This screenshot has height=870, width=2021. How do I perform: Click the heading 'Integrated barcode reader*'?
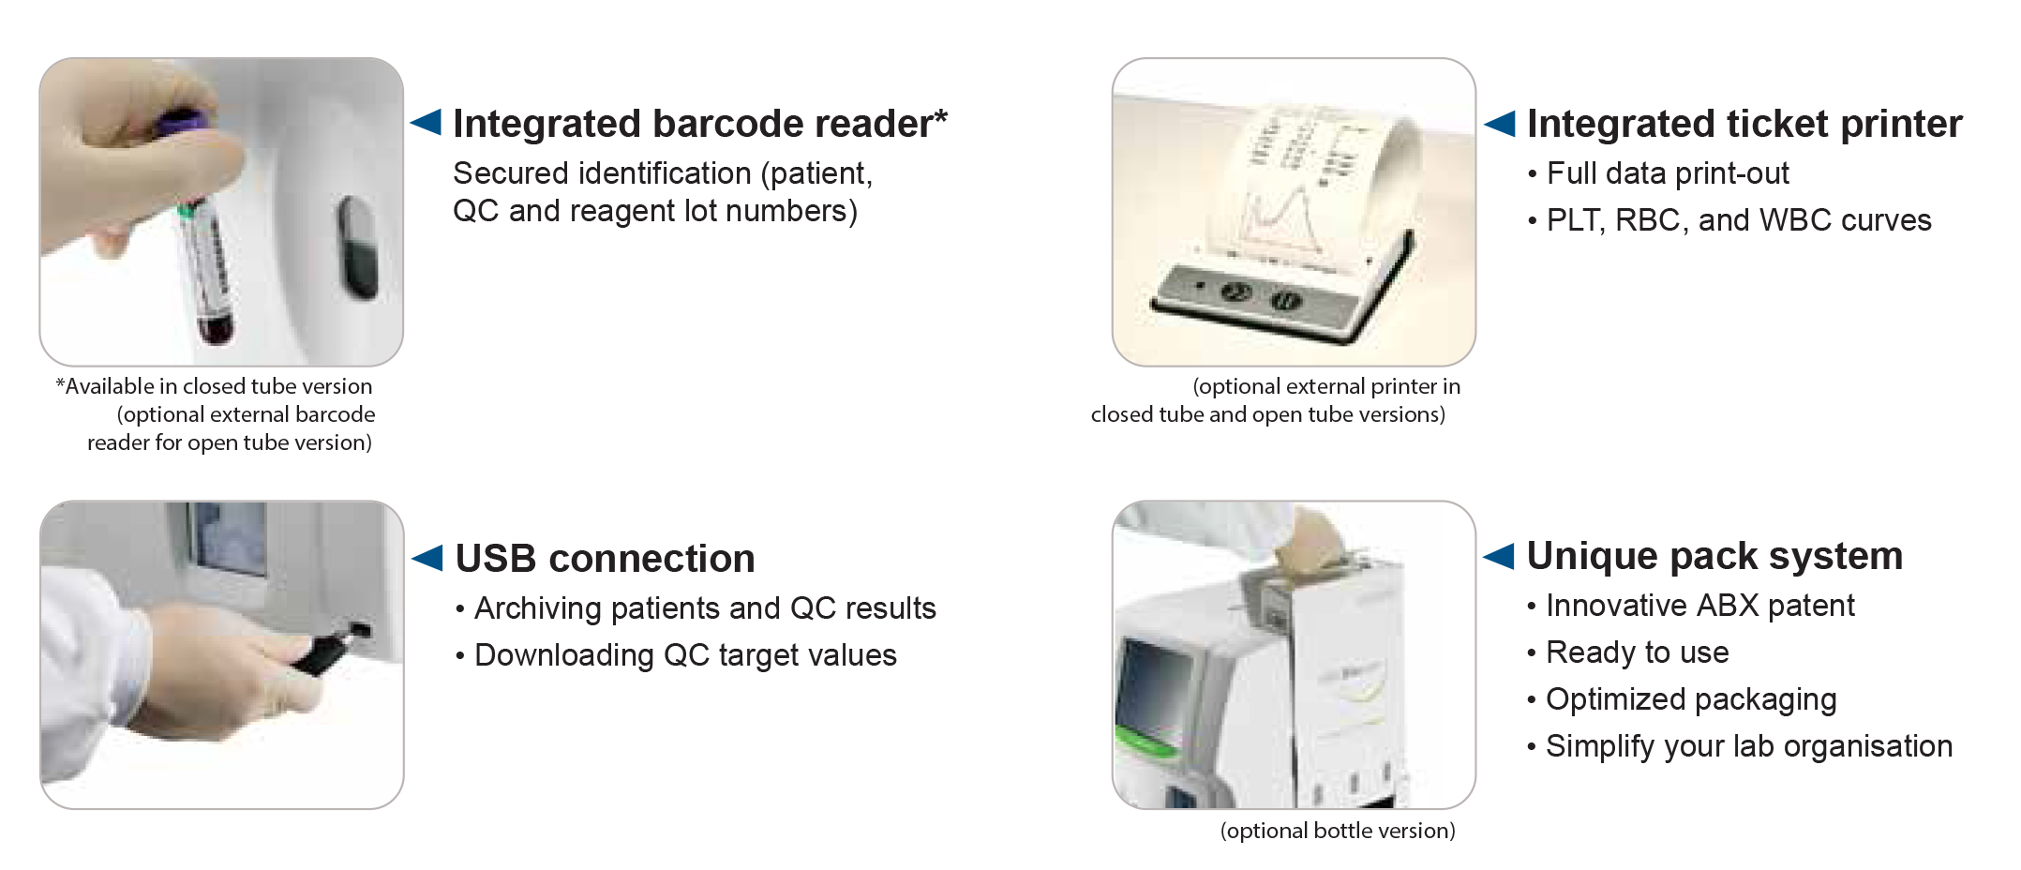click(700, 124)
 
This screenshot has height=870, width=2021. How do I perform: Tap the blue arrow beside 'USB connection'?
click(427, 557)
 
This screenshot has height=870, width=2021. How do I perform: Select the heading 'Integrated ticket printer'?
click(1744, 124)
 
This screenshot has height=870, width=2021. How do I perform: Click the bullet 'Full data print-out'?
click(1658, 173)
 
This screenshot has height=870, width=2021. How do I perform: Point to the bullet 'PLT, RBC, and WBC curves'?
click(1729, 220)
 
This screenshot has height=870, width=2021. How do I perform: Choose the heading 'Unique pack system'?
click(1714, 556)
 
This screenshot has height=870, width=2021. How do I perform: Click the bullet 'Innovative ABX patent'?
click(1691, 606)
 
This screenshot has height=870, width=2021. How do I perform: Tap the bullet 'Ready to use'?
click(1628, 652)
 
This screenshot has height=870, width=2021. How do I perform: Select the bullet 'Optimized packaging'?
click(1682, 699)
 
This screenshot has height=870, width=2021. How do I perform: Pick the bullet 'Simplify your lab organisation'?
click(1740, 746)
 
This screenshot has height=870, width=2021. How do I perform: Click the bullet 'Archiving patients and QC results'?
click(696, 608)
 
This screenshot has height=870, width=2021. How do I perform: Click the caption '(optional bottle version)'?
click(1338, 831)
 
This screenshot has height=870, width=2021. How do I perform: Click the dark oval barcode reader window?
click(357, 247)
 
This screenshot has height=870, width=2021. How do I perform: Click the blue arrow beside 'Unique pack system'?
click(1499, 556)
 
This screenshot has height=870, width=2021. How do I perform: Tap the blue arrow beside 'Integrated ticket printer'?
click(1500, 123)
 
